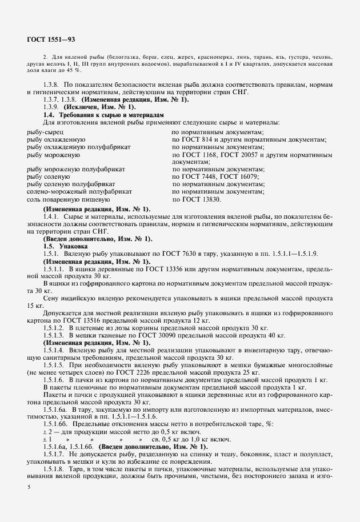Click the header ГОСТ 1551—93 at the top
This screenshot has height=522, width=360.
pos(51,39)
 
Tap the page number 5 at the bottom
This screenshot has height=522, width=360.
pos(29,485)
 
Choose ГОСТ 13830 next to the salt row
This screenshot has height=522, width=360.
pos(199,199)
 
